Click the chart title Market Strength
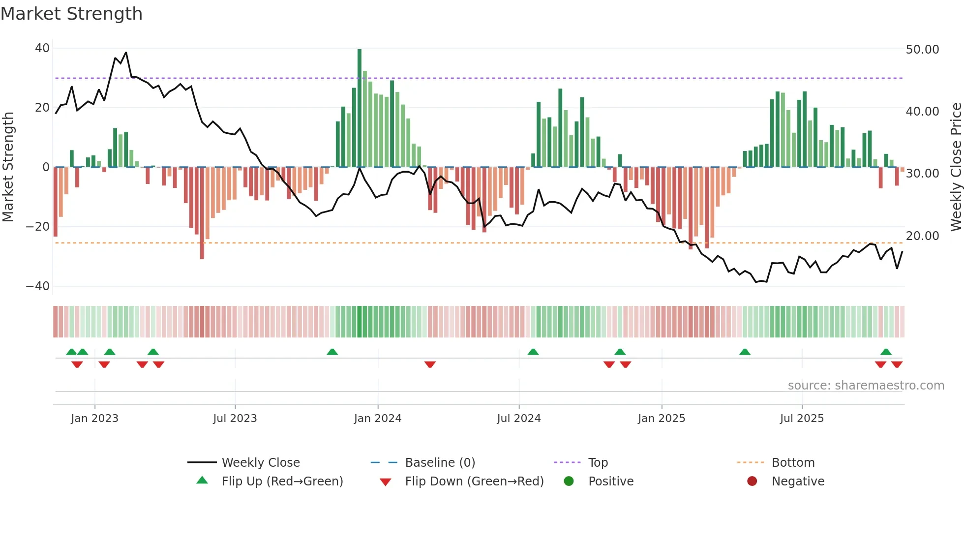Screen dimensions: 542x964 point(71,14)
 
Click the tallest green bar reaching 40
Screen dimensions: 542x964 point(360,108)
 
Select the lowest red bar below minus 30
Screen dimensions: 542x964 point(202,213)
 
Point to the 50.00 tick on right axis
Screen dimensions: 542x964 point(922,50)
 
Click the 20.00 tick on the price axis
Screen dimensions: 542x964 point(922,236)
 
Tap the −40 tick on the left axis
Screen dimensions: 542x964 point(38,286)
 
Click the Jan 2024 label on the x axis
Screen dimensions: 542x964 point(378,419)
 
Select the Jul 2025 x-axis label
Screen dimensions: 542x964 point(802,419)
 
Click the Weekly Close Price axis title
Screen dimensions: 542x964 point(956,167)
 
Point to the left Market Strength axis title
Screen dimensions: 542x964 point(8,167)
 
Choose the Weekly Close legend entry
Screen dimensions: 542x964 point(260,463)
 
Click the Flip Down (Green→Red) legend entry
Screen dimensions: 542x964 point(474,482)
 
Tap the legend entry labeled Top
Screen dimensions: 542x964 point(598,463)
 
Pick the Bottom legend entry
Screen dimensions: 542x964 point(793,463)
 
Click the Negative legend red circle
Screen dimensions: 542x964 point(752,482)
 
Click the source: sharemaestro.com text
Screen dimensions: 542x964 point(866,386)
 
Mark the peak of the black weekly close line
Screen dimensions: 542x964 point(126,53)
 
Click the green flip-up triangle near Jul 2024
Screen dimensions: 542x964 point(533,352)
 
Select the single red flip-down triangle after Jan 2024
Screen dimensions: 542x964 point(430,364)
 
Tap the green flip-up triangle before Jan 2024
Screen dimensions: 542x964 point(332,352)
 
